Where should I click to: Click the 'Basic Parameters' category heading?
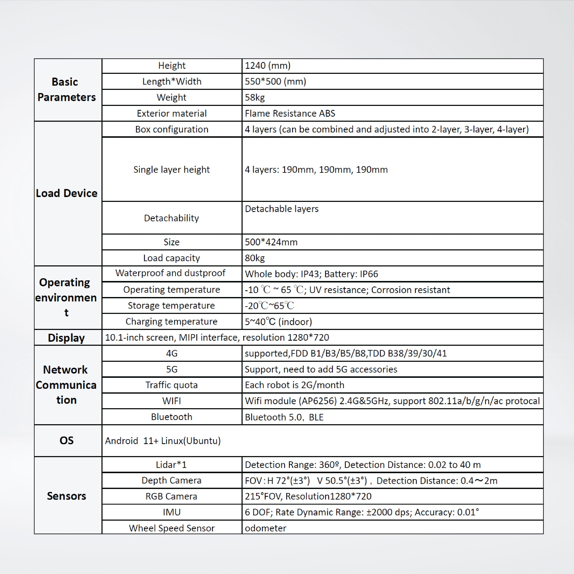click(x=66, y=89)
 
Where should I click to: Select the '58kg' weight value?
click(x=255, y=97)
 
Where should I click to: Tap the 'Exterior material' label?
click(x=172, y=113)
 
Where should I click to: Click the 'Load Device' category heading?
click(x=66, y=193)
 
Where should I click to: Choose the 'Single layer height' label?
click(x=172, y=169)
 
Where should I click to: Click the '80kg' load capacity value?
click(x=255, y=258)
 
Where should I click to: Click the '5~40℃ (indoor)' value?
click(x=278, y=321)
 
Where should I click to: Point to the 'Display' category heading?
click(x=66, y=338)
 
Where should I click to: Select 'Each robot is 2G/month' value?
click(x=294, y=385)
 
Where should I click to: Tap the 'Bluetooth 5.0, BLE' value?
click(x=284, y=417)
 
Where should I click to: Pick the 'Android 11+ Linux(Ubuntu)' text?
click(x=163, y=441)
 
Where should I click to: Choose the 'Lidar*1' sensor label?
click(x=172, y=465)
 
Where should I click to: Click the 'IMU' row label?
click(x=172, y=512)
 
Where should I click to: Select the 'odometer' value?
click(x=265, y=528)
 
